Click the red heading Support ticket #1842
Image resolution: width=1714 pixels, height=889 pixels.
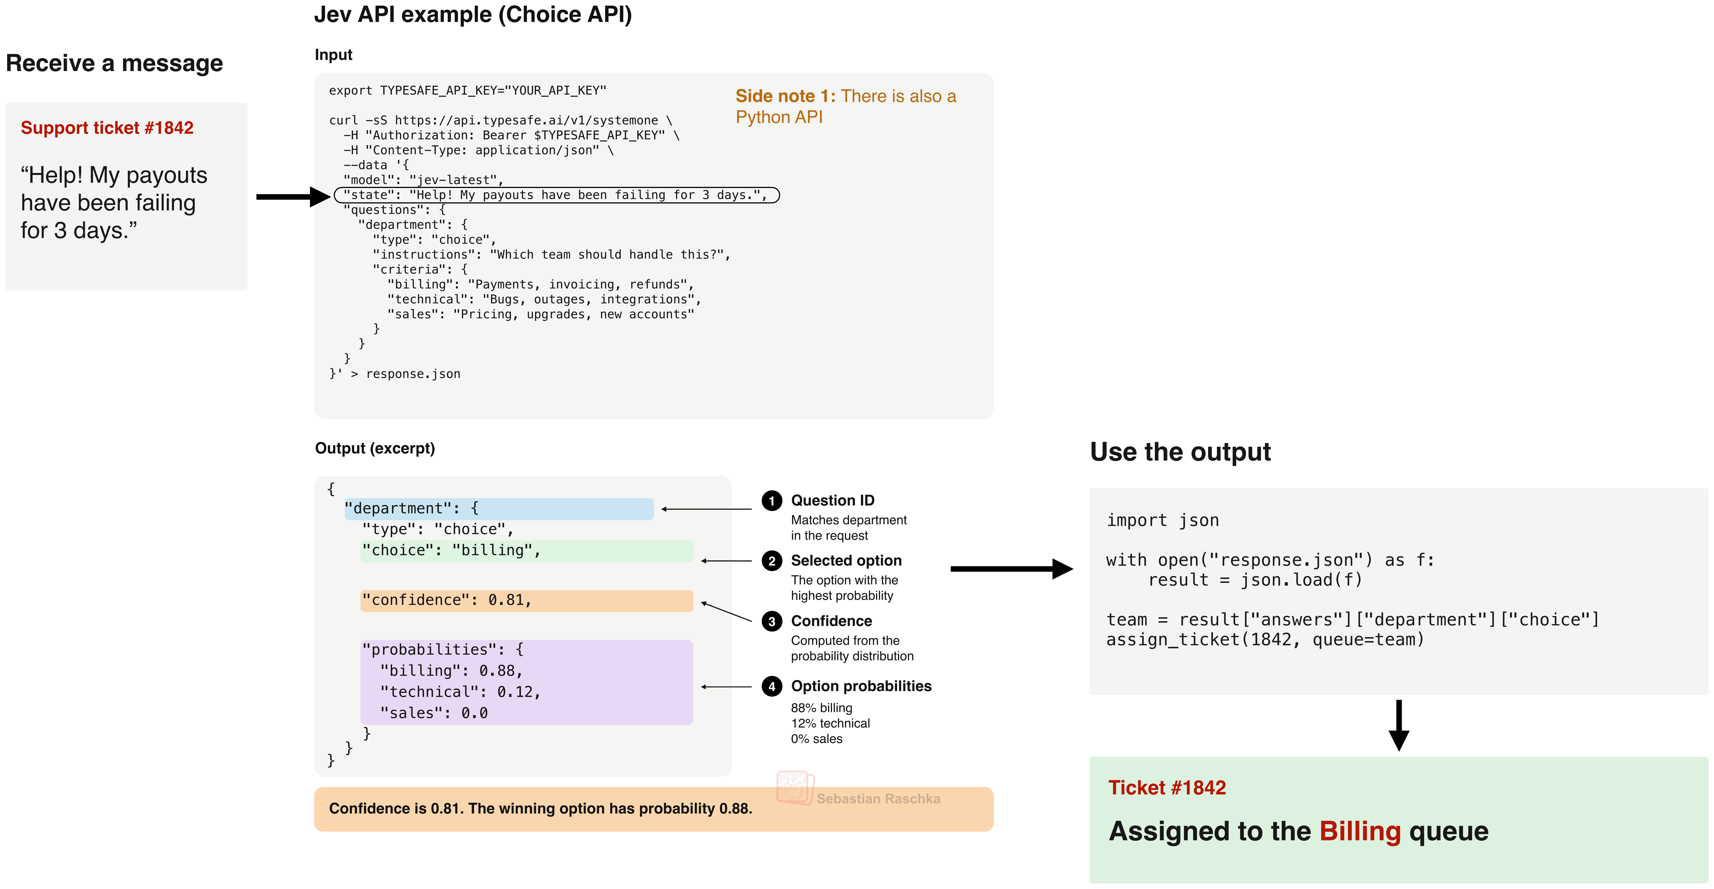point(107,128)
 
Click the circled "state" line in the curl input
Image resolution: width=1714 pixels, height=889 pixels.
point(556,195)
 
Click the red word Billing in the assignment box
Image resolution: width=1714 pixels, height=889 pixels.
point(1360,831)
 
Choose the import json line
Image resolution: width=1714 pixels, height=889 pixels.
point(1162,521)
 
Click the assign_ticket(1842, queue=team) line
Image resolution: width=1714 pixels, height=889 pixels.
point(1265,640)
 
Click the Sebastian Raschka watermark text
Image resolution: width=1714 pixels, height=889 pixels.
point(878,799)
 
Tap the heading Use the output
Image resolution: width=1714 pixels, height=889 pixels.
point(1180,452)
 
